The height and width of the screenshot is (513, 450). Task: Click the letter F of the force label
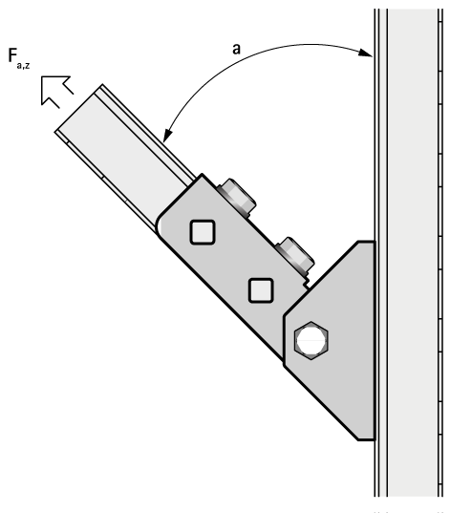[12, 55]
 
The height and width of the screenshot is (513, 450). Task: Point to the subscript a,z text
[23, 65]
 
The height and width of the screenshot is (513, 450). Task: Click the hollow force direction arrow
[55, 91]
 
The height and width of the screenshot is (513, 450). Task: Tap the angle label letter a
[236, 49]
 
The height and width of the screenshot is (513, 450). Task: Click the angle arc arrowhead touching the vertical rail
[366, 53]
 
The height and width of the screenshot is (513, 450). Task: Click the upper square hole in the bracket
[203, 232]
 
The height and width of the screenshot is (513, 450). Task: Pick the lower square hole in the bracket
[261, 290]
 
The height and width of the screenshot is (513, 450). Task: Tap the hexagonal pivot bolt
[311, 341]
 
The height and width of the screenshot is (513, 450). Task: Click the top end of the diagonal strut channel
[78, 108]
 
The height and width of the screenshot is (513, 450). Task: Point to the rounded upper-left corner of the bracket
[161, 223]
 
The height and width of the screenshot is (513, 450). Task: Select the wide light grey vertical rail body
[413, 252]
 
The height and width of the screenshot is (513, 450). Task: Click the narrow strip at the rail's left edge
[381, 252]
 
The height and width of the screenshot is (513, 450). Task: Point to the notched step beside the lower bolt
[307, 282]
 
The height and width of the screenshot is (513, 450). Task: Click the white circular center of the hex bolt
[311, 341]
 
